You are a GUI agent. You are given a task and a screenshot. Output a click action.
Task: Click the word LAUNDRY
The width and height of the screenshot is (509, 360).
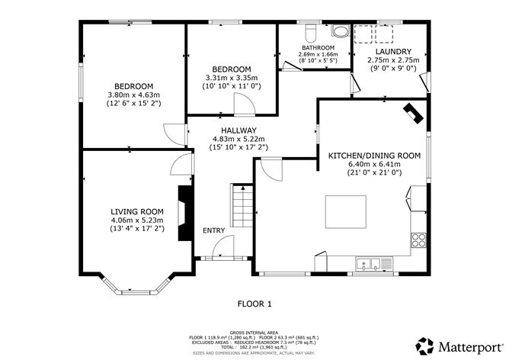(393, 51)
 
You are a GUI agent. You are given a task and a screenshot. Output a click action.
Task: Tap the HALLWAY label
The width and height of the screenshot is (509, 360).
(239, 130)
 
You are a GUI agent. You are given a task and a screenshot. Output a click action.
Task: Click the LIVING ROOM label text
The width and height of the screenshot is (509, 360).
(137, 211)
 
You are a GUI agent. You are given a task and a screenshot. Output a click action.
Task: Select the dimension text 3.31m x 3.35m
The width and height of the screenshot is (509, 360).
(232, 78)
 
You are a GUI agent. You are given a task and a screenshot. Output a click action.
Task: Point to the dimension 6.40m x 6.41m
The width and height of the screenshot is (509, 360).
(374, 164)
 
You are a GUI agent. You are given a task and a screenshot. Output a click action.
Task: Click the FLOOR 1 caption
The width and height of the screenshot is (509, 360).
(254, 304)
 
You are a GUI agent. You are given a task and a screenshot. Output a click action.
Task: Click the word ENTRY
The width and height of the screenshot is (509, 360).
(213, 230)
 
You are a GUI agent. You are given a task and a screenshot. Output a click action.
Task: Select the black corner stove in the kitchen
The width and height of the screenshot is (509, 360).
(413, 113)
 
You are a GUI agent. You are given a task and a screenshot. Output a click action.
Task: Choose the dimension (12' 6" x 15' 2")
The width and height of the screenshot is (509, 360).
(133, 104)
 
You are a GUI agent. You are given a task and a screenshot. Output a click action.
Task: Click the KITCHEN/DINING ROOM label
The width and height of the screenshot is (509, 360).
(374, 155)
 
